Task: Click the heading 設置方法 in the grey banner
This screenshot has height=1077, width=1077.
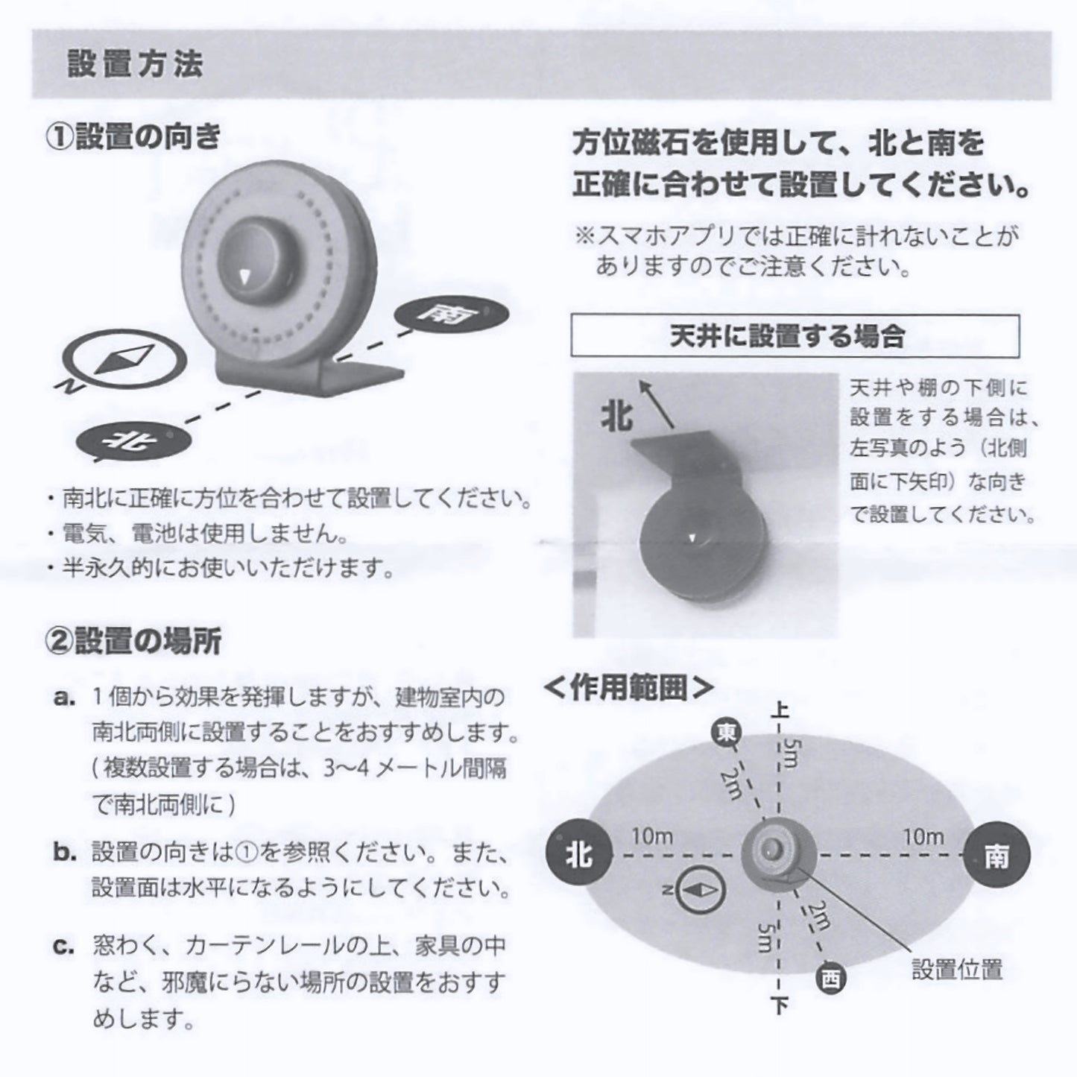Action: click(x=135, y=63)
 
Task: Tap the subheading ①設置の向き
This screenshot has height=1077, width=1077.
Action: click(x=133, y=137)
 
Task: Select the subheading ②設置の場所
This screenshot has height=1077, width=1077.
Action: click(x=133, y=641)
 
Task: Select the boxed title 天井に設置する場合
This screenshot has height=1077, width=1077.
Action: click(x=795, y=335)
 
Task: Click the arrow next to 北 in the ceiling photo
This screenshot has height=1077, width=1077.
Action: click(x=657, y=403)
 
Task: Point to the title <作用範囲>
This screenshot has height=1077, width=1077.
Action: click(x=629, y=688)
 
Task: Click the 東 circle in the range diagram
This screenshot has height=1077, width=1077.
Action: click(x=727, y=733)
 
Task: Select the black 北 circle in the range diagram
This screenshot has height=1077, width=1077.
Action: click(x=579, y=855)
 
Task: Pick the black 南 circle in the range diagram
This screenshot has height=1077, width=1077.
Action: click(x=997, y=856)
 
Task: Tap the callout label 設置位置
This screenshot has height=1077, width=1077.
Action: click(x=958, y=970)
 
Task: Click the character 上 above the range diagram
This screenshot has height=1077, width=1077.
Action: click(x=780, y=710)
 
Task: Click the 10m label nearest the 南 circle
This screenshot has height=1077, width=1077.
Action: click(x=923, y=837)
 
